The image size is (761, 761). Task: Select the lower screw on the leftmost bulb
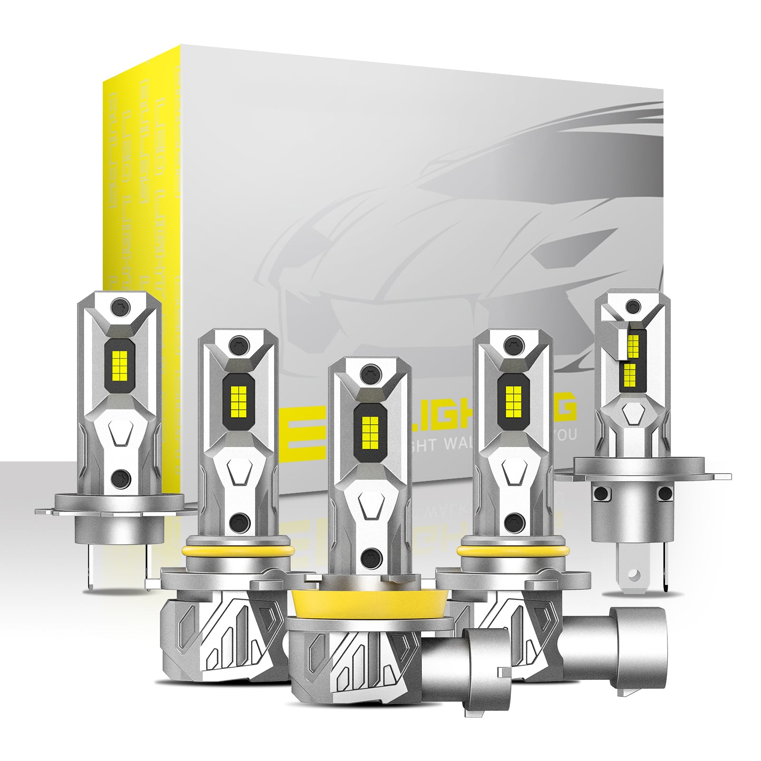pyautogui.click(x=119, y=476)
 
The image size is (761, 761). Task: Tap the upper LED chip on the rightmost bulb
pyautogui.click(x=633, y=341)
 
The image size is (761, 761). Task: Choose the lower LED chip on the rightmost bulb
pyautogui.click(x=629, y=375)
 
